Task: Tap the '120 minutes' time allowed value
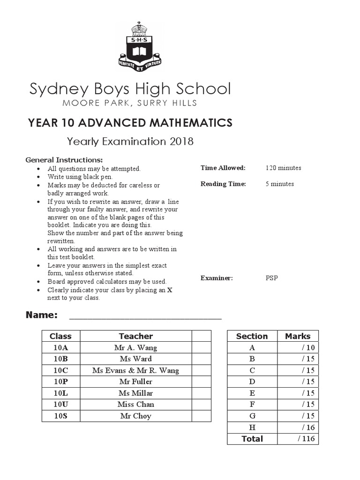point(283,168)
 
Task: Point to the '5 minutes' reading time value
point(280,184)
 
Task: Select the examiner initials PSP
point(271,278)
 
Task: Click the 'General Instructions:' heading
point(64,159)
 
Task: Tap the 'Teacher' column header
point(135,336)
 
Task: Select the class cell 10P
point(60,382)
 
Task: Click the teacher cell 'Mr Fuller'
point(135,382)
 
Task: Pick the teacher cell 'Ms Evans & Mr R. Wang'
point(135,370)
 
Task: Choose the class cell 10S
point(60,416)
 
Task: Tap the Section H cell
point(252,427)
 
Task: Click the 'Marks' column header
point(298,336)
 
